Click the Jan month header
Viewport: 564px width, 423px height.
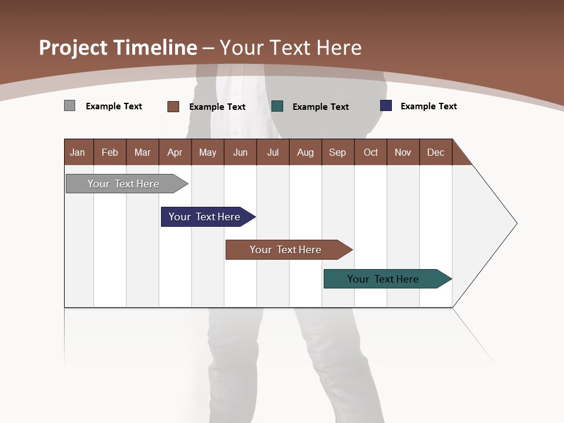click(78, 152)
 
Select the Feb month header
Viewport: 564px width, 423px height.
click(110, 152)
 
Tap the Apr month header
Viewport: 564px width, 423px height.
click(175, 152)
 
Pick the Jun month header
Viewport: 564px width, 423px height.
click(240, 152)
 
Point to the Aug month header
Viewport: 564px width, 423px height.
click(305, 152)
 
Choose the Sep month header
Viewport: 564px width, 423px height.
click(338, 152)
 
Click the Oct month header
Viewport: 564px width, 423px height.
click(371, 152)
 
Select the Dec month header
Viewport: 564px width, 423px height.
click(436, 152)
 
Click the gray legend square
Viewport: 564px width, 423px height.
click(69, 106)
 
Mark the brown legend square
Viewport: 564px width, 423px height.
click(173, 106)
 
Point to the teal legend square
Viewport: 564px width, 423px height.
click(277, 106)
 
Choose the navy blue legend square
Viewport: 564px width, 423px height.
click(386, 106)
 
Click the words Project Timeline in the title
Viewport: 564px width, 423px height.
click(118, 48)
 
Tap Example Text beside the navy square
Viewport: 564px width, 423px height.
click(428, 106)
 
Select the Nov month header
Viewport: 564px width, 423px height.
click(403, 152)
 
